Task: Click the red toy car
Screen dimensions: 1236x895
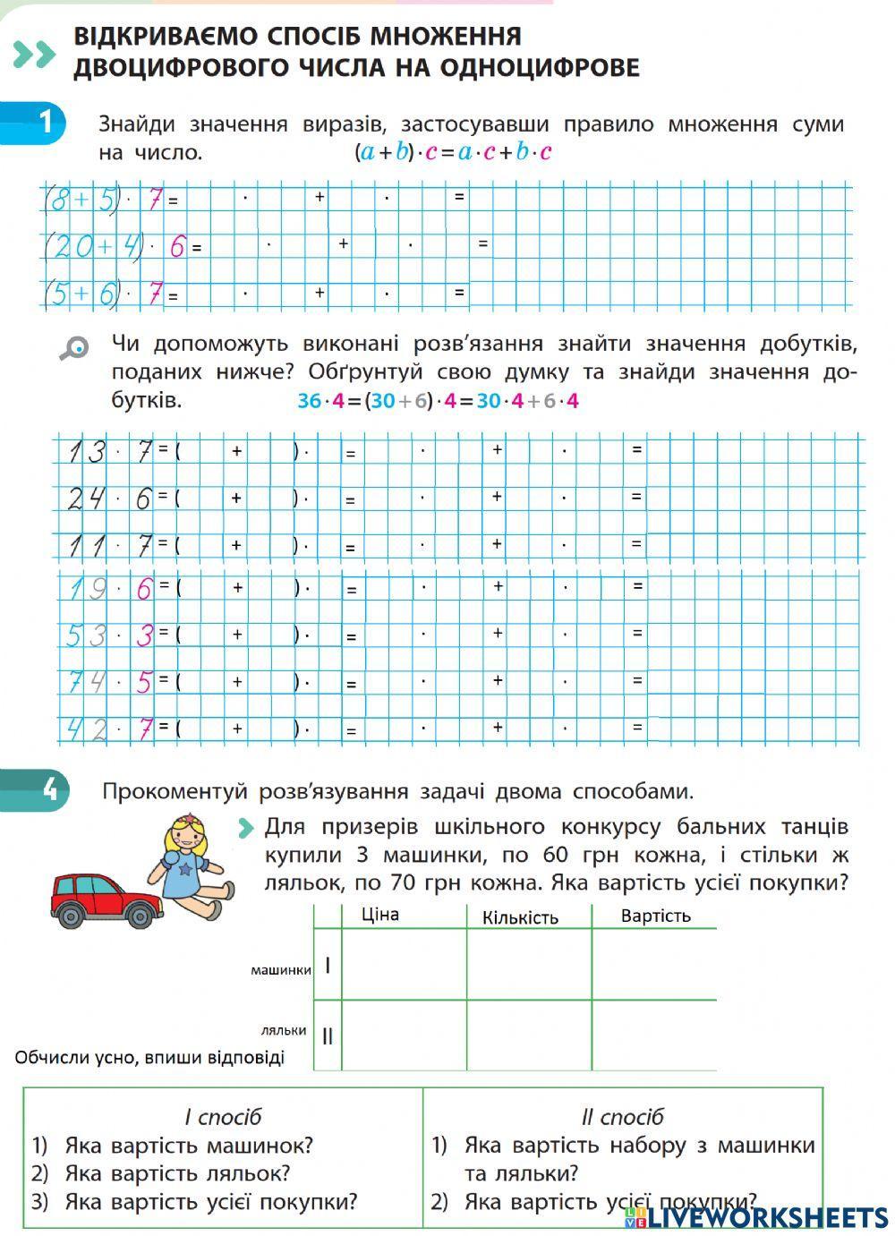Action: pyautogui.click(x=102, y=898)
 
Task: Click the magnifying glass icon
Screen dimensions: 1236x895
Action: pyautogui.click(x=74, y=347)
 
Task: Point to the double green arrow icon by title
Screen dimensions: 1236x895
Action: pyautogui.click(x=35, y=55)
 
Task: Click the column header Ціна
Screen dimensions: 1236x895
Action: pyautogui.click(x=379, y=915)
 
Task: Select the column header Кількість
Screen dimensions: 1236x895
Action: pyautogui.click(x=520, y=917)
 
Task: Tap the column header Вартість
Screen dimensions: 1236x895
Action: pyautogui.click(x=655, y=916)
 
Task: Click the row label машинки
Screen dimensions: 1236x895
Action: pyautogui.click(x=280, y=969)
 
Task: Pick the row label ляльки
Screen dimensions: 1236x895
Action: pyautogui.click(x=284, y=1030)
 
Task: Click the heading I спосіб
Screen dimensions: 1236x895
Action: pyautogui.click(x=223, y=1117)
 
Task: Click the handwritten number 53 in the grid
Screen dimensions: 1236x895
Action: pyautogui.click(x=86, y=636)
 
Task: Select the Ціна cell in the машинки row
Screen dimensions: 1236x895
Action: pyautogui.click(x=404, y=965)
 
